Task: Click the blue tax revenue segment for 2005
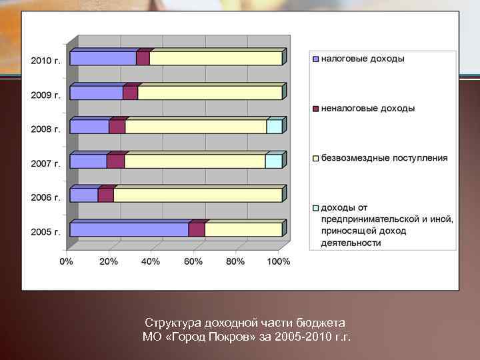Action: pyautogui.click(x=129, y=230)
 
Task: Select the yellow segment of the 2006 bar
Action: pyautogui.click(x=197, y=195)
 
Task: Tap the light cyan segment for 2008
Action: pyautogui.click(x=274, y=127)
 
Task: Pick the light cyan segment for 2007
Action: pyautogui.click(x=273, y=161)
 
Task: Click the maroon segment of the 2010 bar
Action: pyautogui.click(x=143, y=59)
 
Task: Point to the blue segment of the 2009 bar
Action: pyautogui.click(x=97, y=93)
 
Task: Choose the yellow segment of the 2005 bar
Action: pyautogui.click(x=243, y=230)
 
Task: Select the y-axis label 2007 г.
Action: pyautogui.click(x=46, y=163)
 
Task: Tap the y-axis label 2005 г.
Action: pyautogui.click(x=46, y=232)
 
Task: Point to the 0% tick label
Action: pyautogui.click(x=67, y=261)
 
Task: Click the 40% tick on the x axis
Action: pyautogui.click(x=151, y=261)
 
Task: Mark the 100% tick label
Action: pyautogui.click(x=279, y=261)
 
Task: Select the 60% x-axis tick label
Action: pyautogui.click(x=193, y=261)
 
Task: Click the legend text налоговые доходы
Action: pyautogui.click(x=363, y=59)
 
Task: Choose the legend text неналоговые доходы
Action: pyautogui.click(x=368, y=108)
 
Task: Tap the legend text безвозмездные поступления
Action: pyautogui.click(x=385, y=158)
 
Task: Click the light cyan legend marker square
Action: pyautogui.click(x=316, y=208)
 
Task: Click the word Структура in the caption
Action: pyautogui.click(x=171, y=323)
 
